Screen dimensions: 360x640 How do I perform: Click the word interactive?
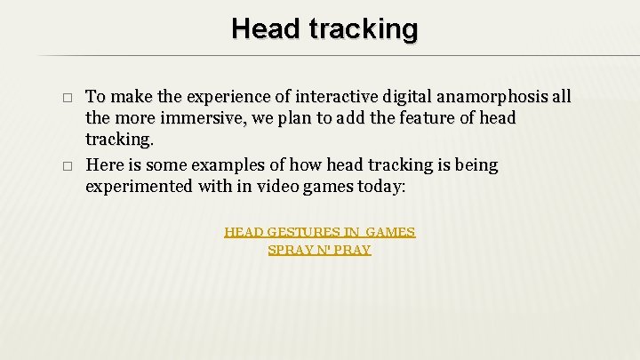tap(329, 97)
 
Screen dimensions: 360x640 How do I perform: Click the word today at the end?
tap(379, 187)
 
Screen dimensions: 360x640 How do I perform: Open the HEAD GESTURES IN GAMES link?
tap(319, 232)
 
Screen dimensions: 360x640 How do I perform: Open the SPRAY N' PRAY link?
tap(319, 250)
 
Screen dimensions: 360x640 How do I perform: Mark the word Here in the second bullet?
tap(103, 165)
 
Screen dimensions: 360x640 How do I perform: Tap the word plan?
tap(294, 118)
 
